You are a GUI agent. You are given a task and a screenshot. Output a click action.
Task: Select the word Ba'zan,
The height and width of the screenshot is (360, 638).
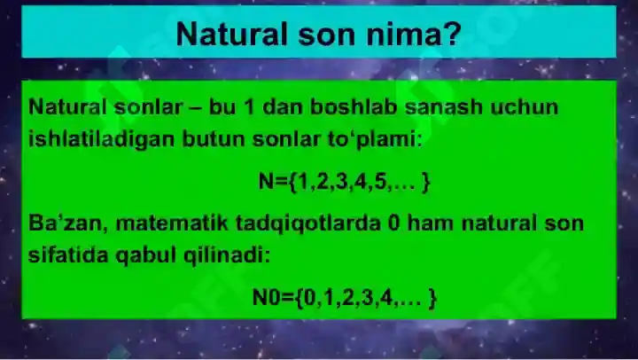coord(63,223)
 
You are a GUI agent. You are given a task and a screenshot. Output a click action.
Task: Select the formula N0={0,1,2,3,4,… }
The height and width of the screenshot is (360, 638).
coord(344,298)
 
